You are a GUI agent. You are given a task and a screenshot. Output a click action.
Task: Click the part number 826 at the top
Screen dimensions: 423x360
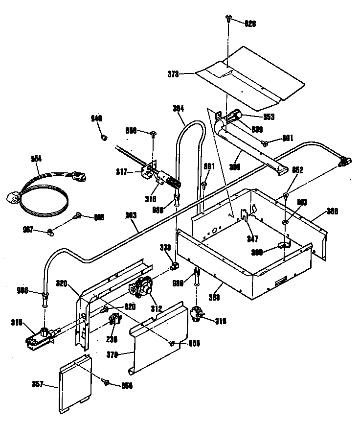pos(250,23)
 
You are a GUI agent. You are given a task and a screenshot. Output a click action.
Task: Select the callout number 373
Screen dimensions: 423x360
pos(173,74)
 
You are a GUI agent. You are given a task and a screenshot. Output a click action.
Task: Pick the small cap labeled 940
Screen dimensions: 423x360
pos(104,138)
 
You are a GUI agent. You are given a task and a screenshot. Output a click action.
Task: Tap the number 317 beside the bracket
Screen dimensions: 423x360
pos(121,171)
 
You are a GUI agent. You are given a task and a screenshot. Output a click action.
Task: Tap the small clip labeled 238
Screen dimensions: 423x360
pos(113,321)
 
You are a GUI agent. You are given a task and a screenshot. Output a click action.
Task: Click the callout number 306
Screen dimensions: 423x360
pos(332,212)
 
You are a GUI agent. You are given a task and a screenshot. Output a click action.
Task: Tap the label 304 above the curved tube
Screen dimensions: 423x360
pos(178,109)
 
